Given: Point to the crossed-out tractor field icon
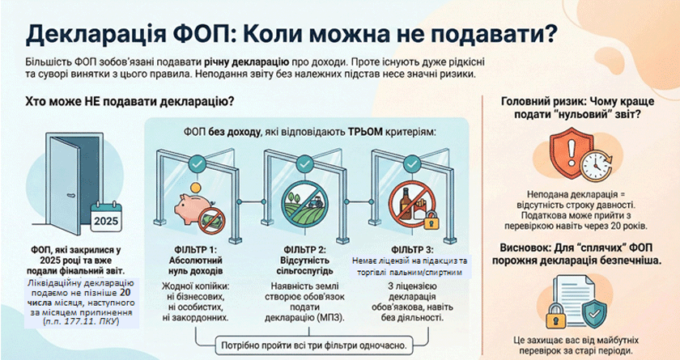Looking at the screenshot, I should tap(305, 205).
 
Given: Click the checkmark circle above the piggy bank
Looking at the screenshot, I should tap(195, 163).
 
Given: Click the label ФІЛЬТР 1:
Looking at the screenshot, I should tap(193, 249).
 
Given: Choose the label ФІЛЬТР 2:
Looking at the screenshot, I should tap(304, 249).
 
